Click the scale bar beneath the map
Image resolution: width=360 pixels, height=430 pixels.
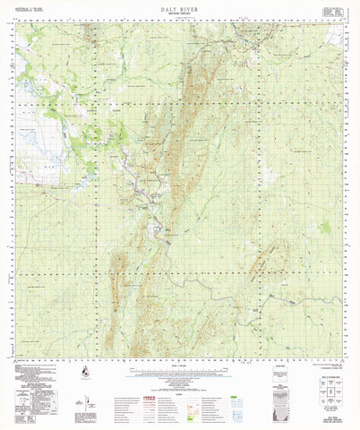[x=180, y=365]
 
